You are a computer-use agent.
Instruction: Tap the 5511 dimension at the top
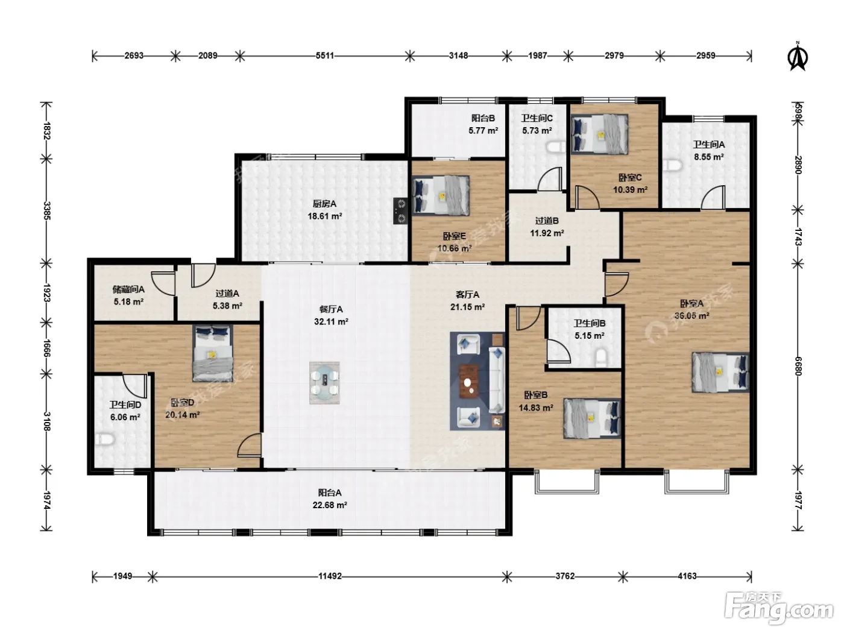(325, 55)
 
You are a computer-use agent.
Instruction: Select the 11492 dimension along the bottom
(330, 576)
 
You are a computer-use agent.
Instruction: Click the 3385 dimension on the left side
(46, 210)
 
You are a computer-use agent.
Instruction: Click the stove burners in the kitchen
(401, 210)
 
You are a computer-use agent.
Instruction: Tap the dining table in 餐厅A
(324, 383)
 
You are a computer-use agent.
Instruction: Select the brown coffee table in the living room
(468, 380)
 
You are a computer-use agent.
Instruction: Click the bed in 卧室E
(441, 195)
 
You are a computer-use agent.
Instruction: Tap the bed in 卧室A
(720, 372)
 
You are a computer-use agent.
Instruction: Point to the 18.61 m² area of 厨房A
(324, 216)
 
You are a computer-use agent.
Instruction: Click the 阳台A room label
(330, 493)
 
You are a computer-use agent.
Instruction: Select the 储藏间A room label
(128, 289)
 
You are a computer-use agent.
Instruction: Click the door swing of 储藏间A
(163, 283)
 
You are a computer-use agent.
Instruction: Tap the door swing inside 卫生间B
(558, 350)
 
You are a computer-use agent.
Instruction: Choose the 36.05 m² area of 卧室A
(691, 316)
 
